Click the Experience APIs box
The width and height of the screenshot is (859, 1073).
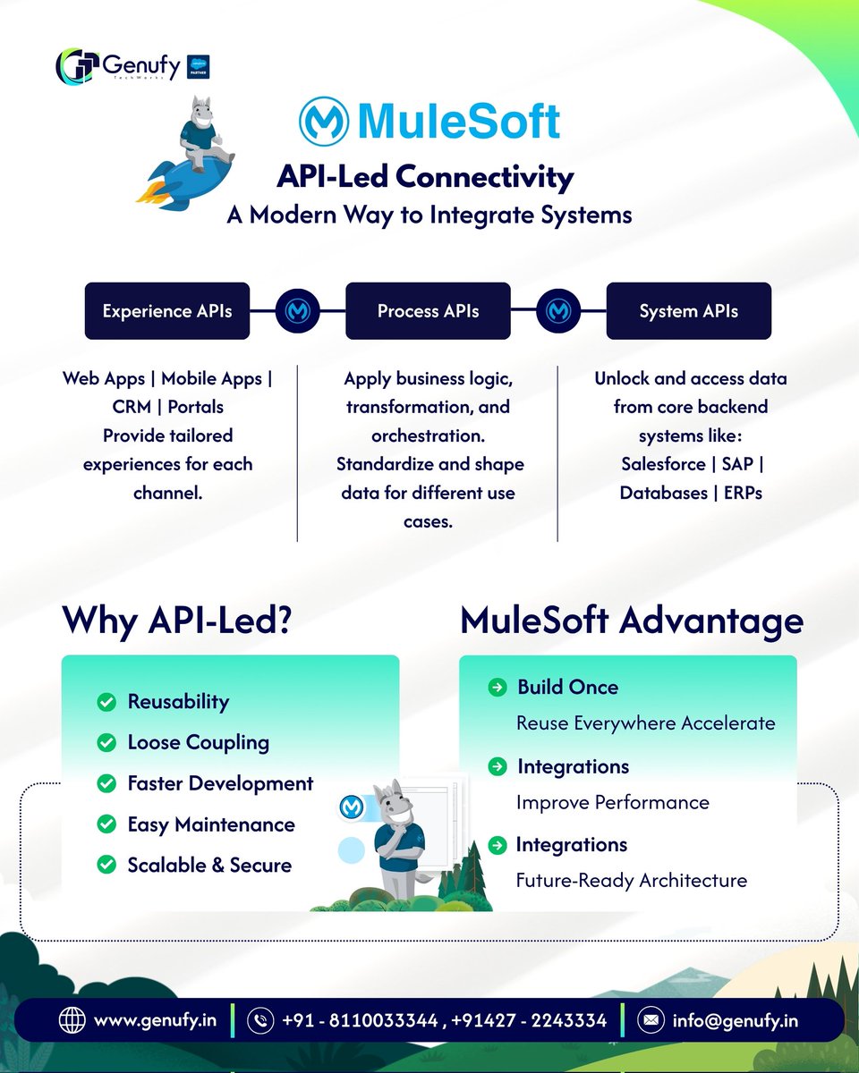(x=167, y=311)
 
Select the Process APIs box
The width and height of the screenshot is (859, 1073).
(x=428, y=311)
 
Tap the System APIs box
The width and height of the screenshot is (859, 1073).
(x=688, y=311)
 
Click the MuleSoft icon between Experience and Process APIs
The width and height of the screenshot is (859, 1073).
(x=298, y=311)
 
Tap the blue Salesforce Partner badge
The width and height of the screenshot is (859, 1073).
(x=198, y=67)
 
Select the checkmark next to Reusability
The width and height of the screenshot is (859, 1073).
(x=106, y=702)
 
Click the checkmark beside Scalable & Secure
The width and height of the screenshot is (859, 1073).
(x=106, y=865)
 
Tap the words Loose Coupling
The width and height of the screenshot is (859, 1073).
(x=198, y=742)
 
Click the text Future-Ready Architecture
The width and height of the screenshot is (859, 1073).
(x=631, y=880)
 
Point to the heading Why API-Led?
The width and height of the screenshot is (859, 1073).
(x=176, y=621)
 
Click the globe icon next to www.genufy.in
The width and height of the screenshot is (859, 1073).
(x=71, y=1020)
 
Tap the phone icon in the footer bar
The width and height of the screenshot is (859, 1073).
(x=260, y=1020)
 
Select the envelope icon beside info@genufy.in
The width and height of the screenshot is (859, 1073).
(x=651, y=1020)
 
